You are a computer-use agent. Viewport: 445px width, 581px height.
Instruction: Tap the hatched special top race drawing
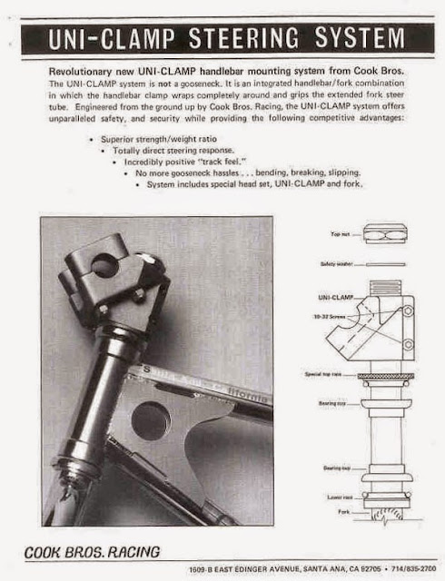click(386, 375)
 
